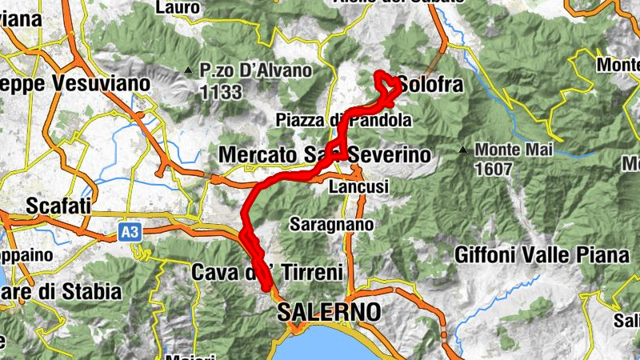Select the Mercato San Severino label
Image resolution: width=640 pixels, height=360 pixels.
coord(324,154)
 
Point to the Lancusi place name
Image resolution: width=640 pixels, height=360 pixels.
coord(358,186)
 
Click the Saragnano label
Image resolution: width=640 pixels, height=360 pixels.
coord(331,225)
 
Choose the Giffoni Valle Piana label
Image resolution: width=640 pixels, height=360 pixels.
coord(542,256)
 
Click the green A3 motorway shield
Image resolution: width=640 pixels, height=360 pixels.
coord(129,232)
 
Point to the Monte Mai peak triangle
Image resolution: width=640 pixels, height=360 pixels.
coord(462,150)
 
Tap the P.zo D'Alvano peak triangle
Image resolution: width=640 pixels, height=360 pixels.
coord(188,70)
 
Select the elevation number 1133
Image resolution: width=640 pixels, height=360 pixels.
coord(222,92)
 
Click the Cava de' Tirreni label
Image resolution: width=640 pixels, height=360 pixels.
coord(267,272)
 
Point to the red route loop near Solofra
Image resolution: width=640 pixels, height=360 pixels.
coord(386,86)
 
